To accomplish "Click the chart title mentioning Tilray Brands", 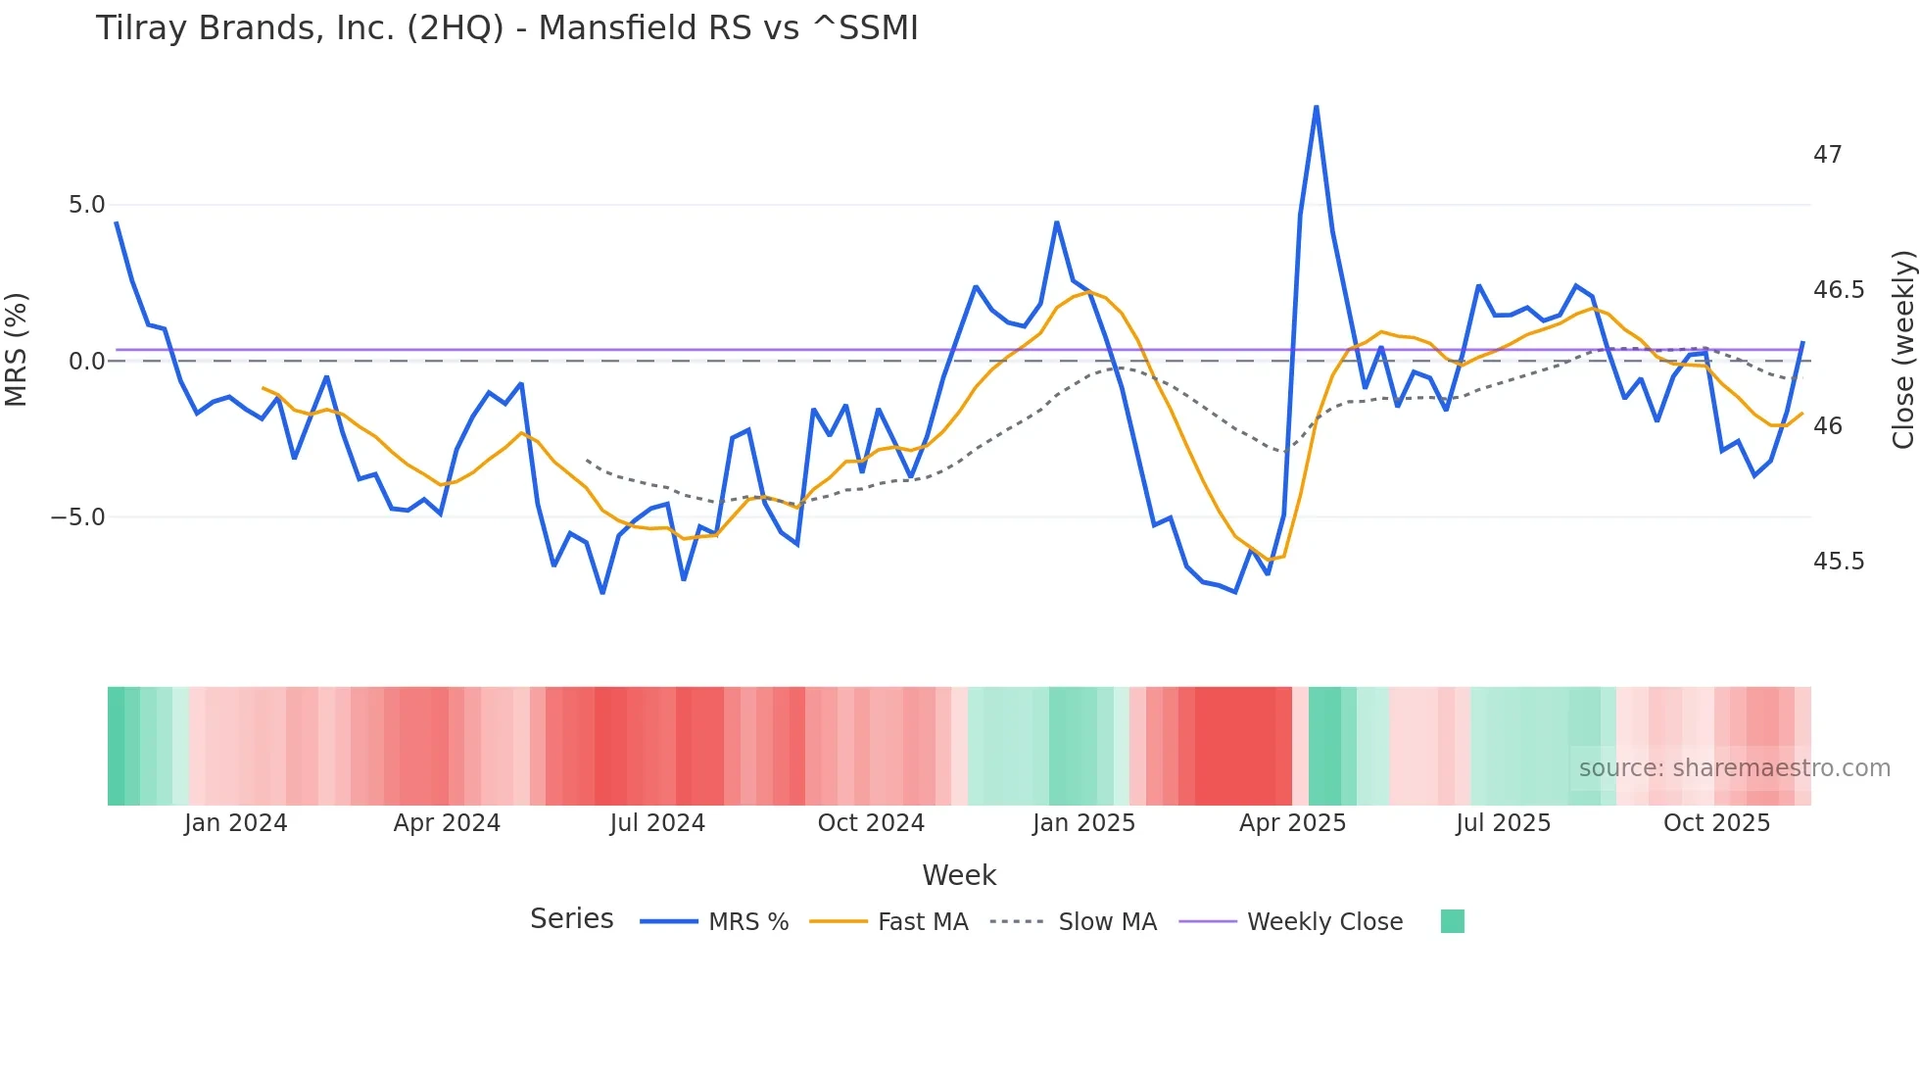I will (506, 28).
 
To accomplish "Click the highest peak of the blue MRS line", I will (1316, 107).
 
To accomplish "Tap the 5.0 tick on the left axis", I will (86, 205).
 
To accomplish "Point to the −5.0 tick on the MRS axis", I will (78, 517).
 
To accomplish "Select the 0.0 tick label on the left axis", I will (86, 362).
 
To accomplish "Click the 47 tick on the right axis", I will (1827, 155).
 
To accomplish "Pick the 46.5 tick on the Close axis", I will (1838, 290).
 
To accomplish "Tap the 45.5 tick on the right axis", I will (1838, 562).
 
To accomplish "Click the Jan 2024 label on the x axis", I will (235, 823).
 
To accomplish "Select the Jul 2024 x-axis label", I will (657, 823).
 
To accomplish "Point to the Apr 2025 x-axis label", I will (1292, 823).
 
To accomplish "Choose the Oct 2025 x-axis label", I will (1716, 823).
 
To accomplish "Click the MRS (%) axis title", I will (17, 349).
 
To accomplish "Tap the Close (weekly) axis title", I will (1902, 350).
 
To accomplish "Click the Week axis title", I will (959, 875).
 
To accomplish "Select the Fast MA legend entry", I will (922, 922).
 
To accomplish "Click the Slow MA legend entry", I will (1107, 922).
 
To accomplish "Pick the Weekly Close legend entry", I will (1323, 922).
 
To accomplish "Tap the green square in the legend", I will (1452, 921).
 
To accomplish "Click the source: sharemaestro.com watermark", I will (1734, 768).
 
